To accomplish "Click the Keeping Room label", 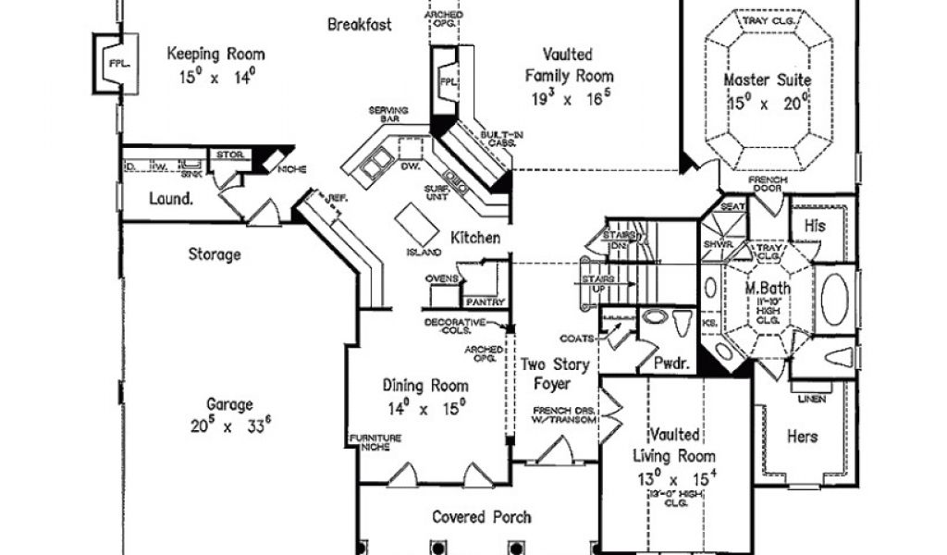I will (215, 55).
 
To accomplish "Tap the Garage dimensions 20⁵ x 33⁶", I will (229, 426).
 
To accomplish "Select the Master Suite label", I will (766, 80).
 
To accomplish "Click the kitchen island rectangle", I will (412, 222).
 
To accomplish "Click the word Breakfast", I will (360, 25).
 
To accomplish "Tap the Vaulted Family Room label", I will (569, 65).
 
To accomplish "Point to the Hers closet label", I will (802, 435).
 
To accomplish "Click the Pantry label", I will (485, 302).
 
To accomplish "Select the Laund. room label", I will (171, 198).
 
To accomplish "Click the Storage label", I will (215, 253).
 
